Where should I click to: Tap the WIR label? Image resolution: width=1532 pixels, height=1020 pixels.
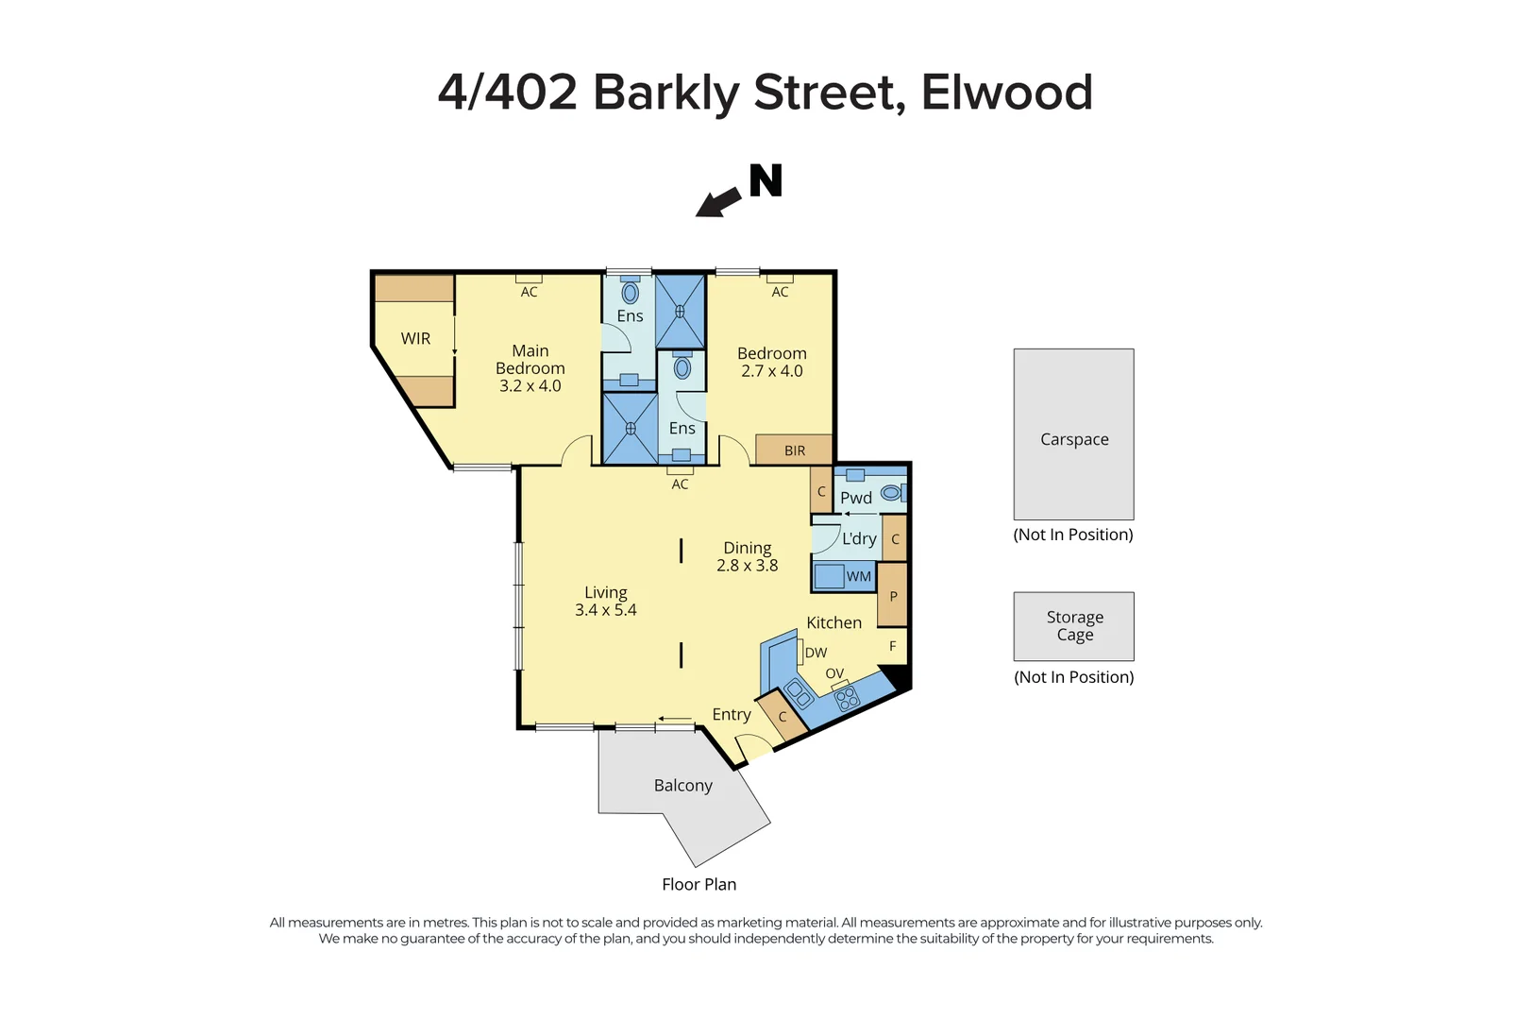[x=415, y=338]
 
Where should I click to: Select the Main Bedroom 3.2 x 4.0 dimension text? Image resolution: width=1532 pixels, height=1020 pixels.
[x=530, y=385]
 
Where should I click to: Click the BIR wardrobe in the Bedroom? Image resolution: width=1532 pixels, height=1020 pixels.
[x=795, y=450]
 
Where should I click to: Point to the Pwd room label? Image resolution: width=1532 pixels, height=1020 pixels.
[x=856, y=498]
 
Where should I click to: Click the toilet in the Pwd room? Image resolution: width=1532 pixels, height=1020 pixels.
[x=890, y=492]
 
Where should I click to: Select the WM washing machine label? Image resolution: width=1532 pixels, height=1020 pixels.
[x=859, y=576]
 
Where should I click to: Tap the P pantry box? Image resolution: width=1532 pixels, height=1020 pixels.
[x=893, y=596]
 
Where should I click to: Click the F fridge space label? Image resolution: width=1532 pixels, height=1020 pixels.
[x=893, y=646]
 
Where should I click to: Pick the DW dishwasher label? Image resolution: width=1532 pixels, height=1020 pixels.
[x=816, y=653]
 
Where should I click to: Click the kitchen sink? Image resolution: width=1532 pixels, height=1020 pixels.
[x=799, y=694]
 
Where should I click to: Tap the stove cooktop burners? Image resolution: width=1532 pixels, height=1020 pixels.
[x=847, y=698]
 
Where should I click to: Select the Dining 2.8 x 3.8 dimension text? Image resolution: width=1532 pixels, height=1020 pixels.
[x=747, y=566]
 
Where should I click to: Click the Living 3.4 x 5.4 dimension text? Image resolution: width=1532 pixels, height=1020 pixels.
[x=605, y=610]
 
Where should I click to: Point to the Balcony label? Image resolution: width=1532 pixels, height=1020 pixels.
[x=682, y=786]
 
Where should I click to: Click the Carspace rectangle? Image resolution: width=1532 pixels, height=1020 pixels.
[x=1073, y=434]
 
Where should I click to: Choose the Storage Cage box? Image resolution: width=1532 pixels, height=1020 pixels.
[x=1073, y=626]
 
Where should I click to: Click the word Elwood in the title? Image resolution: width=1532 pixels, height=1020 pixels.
[x=1006, y=93]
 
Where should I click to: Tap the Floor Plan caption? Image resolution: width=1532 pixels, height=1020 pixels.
[x=699, y=885]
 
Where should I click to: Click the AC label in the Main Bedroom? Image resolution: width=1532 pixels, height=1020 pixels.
[x=529, y=292]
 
